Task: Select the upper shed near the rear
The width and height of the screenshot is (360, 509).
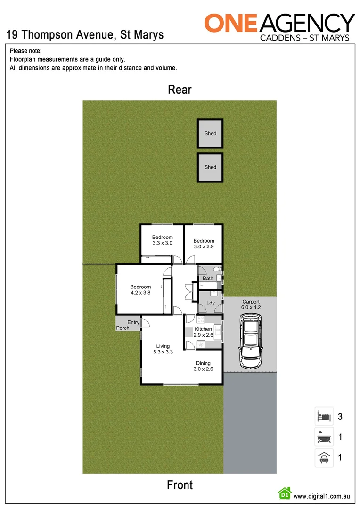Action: (x=210, y=134)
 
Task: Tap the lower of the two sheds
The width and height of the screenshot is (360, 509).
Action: (x=210, y=167)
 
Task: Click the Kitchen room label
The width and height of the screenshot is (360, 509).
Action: (x=204, y=329)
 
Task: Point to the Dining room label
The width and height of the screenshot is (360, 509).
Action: (x=203, y=363)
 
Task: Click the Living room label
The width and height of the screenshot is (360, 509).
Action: (x=163, y=346)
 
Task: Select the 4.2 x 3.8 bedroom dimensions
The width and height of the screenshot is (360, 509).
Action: (x=140, y=293)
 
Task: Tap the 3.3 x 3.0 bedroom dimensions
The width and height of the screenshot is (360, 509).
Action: (x=162, y=243)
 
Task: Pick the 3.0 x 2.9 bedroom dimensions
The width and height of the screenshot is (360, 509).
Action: (x=204, y=246)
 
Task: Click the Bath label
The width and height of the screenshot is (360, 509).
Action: (x=208, y=279)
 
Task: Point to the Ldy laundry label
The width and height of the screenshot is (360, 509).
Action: (x=211, y=303)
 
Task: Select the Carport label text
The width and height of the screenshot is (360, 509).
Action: (x=251, y=302)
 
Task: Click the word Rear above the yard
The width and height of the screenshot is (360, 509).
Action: (x=180, y=90)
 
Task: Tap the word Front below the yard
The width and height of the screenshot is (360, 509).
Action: (x=180, y=484)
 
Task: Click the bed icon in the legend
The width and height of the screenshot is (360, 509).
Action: (x=324, y=416)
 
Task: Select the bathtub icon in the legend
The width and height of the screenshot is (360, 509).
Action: (x=324, y=437)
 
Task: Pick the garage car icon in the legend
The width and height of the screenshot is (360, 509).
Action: (x=324, y=458)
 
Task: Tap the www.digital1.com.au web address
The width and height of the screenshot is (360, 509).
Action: (x=321, y=496)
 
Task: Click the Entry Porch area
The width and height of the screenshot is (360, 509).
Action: (x=127, y=324)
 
